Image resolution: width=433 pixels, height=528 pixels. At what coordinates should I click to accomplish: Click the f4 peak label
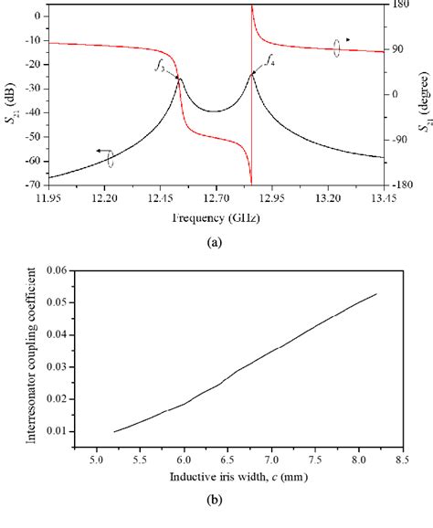pos(270,60)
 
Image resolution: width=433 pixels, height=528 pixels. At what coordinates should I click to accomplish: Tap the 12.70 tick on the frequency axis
pos(215,196)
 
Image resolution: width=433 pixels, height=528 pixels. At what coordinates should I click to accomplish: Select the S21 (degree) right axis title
pos(425,94)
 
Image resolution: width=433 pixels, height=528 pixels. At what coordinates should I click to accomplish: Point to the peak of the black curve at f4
pos(252,73)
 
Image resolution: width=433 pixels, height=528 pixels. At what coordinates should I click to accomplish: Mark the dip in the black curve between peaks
pos(215,111)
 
